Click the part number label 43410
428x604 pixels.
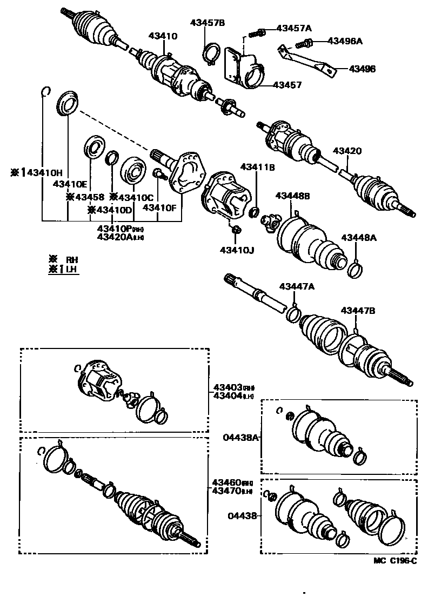click(163, 36)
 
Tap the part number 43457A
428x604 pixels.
click(294, 28)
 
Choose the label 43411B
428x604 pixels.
click(258, 168)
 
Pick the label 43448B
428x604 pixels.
click(292, 196)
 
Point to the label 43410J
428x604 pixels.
click(237, 250)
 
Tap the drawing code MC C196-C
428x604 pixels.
click(395, 561)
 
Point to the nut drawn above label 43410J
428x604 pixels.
click(236, 231)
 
